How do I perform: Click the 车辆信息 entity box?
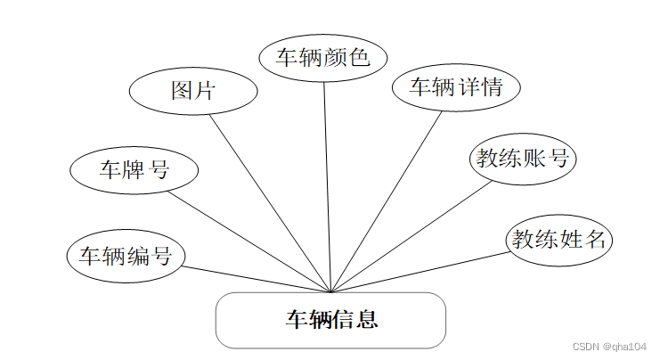[x=330, y=320]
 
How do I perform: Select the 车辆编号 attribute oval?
[x=126, y=257]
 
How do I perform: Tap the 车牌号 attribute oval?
[x=134, y=168]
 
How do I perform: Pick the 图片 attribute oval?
[x=193, y=91]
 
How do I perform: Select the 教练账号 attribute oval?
[x=522, y=160]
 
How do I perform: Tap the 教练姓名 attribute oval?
[x=559, y=240]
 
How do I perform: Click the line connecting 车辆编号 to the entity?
[x=258, y=280]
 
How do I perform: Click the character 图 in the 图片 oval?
[x=182, y=91]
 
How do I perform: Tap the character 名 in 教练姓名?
[x=596, y=240]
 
